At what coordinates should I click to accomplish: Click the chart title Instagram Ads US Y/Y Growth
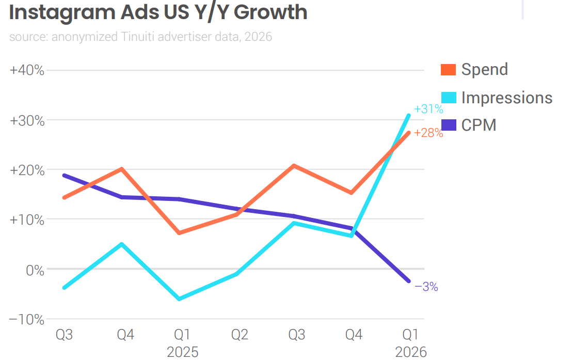tap(158, 12)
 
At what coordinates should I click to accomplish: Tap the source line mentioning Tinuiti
tap(140, 37)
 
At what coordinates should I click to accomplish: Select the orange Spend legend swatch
tap(448, 70)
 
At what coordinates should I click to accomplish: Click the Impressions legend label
tap(506, 98)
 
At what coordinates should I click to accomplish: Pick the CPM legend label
tap(479, 125)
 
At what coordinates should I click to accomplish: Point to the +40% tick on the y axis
tap(27, 70)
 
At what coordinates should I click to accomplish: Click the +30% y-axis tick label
tap(27, 120)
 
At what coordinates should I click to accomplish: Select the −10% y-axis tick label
tap(27, 320)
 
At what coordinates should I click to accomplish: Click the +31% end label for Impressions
tap(428, 109)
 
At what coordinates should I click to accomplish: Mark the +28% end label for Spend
tap(428, 133)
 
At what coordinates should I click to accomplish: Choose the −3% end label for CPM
tap(426, 287)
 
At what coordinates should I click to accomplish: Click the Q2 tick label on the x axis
tap(239, 335)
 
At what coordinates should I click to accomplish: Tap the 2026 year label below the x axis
tap(411, 352)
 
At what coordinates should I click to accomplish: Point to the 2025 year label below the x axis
tap(183, 352)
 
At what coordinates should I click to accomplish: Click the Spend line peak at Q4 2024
tap(122, 168)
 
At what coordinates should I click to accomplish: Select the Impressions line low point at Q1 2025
tap(179, 299)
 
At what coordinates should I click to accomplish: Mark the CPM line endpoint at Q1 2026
tap(409, 281)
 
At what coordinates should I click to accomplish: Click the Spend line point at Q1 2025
tap(179, 233)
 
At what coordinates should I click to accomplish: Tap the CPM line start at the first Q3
tap(64, 175)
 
